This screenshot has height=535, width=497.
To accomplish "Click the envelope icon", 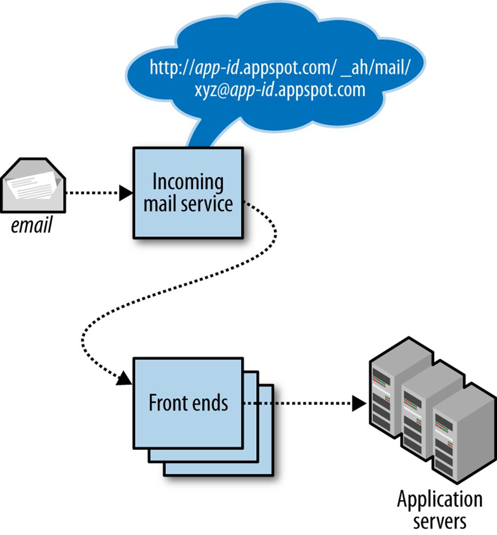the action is [33, 185].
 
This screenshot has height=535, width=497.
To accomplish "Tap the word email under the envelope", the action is [31, 225].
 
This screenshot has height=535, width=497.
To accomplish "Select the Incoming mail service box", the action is [188, 193].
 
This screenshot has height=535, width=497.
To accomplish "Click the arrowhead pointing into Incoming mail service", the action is [126, 193].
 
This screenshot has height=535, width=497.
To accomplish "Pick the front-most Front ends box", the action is [188, 403].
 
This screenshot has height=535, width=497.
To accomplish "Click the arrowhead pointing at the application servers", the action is [359, 403].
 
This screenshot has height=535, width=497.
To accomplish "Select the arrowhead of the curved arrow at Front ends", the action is [124, 378].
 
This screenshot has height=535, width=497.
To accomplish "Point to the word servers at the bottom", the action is [440, 521].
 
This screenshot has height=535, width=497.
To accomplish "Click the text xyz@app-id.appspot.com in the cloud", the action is [280, 90].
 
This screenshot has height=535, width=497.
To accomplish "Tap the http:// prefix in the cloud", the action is [172, 67].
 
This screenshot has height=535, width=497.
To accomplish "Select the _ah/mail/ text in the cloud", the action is [375, 67].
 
